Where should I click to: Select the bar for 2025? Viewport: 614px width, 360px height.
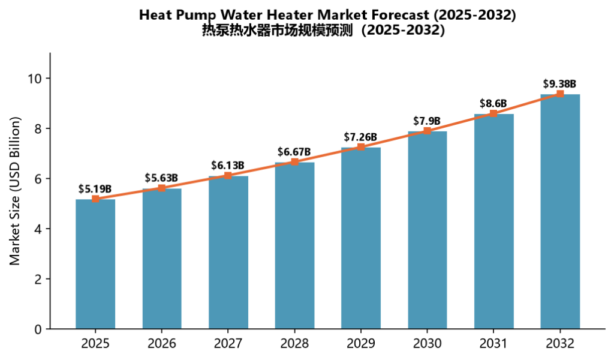[x=95, y=264]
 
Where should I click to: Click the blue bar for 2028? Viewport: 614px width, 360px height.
[x=294, y=245]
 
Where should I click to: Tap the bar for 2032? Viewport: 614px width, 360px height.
[x=560, y=212]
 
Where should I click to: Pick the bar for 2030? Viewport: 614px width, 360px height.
[x=427, y=230]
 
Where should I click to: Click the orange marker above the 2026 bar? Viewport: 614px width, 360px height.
[x=162, y=188]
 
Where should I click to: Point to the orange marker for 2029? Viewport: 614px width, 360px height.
[x=361, y=147]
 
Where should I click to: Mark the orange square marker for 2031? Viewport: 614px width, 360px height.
[x=493, y=113]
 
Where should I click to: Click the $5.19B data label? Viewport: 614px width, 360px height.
[x=95, y=189]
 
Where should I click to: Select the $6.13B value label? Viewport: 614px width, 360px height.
[x=227, y=166]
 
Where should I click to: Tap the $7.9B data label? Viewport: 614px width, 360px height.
[x=427, y=121]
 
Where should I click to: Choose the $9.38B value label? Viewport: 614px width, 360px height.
[x=559, y=84]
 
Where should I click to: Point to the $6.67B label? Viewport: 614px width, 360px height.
[x=294, y=152]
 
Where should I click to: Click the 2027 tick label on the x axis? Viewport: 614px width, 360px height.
[x=228, y=344]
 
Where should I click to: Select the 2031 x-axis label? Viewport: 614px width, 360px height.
[x=493, y=344]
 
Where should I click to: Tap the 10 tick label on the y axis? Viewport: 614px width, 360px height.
[x=34, y=79]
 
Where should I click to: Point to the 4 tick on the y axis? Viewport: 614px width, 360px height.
[x=38, y=229]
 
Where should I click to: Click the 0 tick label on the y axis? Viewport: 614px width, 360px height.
[x=38, y=329]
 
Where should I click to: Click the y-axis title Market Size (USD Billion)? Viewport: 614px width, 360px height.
[x=14, y=191]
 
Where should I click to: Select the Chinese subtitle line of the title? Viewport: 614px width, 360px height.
[x=323, y=30]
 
